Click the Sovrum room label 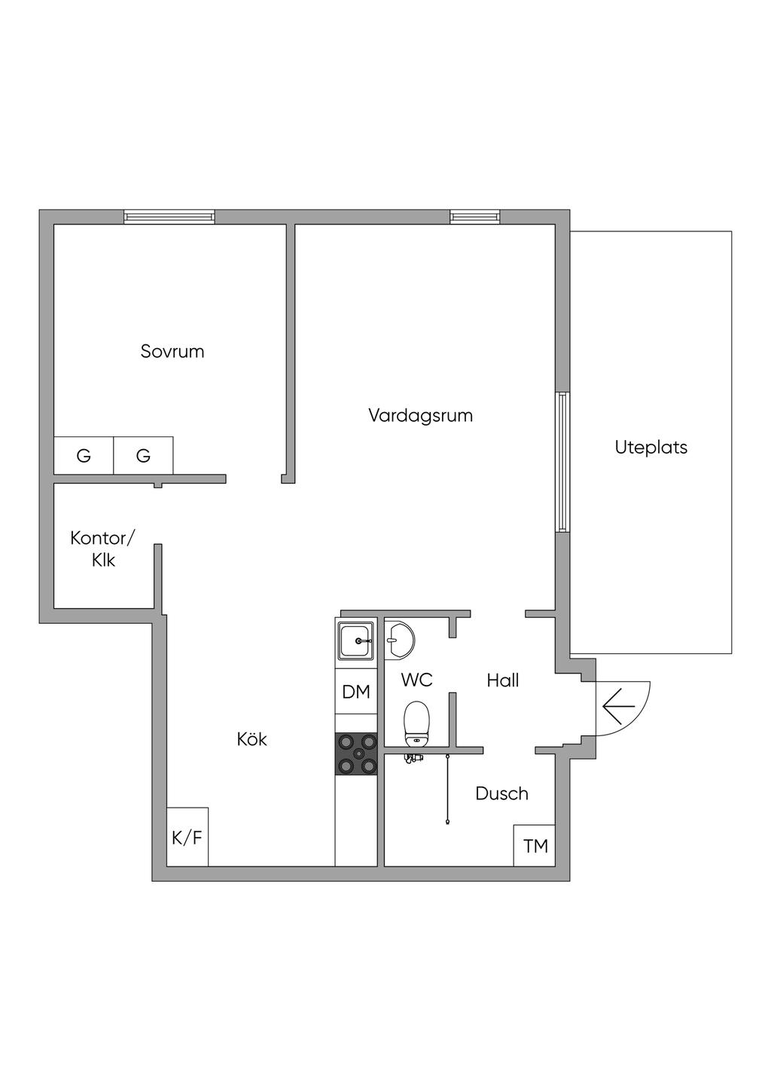click(172, 351)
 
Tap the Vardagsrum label click(420, 415)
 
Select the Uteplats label click(651, 447)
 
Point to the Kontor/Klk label click(103, 549)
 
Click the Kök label click(251, 739)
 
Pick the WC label click(416, 680)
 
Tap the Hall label click(502, 680)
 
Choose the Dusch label click(501, 793)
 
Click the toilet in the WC click(416, 723)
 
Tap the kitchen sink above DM click(356, 641)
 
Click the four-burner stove click(356, 754)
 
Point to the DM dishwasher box click(356, 692)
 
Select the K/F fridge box click(187, 837)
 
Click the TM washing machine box click(535, 846)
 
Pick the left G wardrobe click(84, 456)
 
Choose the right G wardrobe click(143, 456)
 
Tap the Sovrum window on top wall click(169, 217)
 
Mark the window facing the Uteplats click(562, 462)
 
